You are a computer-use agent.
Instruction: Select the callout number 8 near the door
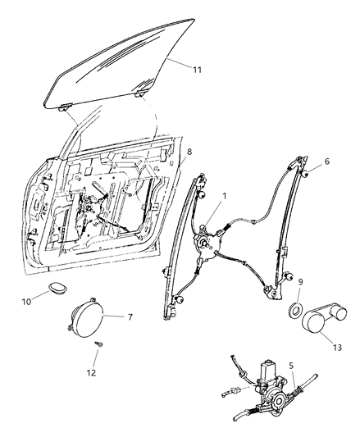[190, 152]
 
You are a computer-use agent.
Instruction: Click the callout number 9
[300, 283]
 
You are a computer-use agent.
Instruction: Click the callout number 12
[91, 372]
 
